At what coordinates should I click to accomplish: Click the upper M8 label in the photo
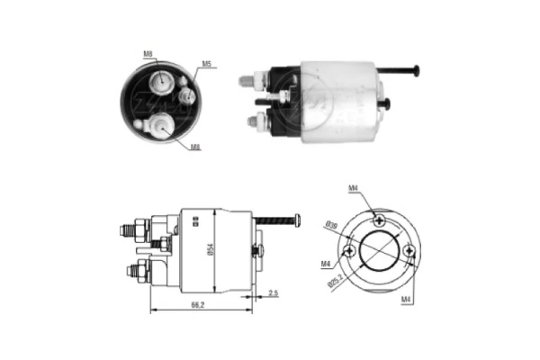tap(148, 55)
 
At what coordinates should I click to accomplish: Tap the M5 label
tap(206, 65)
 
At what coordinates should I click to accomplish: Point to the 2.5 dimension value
tap(272, 293)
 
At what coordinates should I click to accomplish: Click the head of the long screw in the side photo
tap(416, 71)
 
